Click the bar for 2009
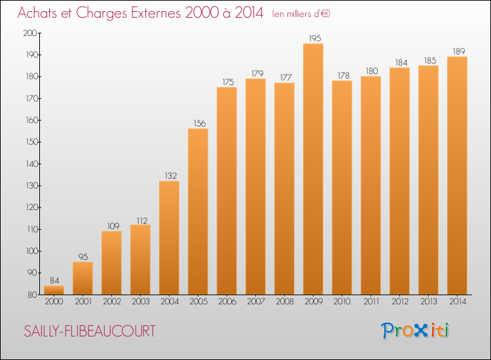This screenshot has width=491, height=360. tap(313, 169)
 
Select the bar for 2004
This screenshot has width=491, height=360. tap(169, 238)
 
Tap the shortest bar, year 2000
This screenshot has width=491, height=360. tap(54, 290)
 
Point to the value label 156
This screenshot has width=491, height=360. tap(198, 123)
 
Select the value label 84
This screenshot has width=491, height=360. tap(54, 280)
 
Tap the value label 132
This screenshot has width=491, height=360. tap(169, 175)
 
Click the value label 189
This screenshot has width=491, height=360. tap(457, 51)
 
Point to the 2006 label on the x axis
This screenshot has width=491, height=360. tap(227, 302)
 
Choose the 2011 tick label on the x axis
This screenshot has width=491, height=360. tap(371, 302)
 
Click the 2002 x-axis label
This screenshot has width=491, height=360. tap(111, 302)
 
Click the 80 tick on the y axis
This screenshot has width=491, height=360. tap(32, 295)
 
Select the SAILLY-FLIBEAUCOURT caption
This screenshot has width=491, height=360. tap(90, 331)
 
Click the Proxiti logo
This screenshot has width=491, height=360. tap(416, 331)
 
